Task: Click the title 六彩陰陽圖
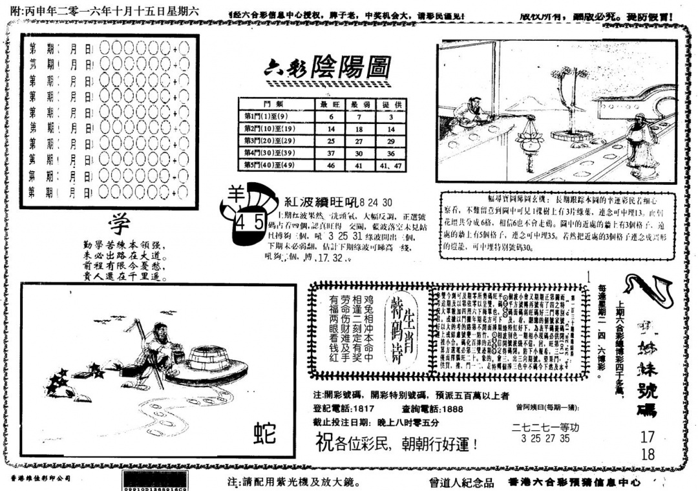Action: click(x=328, y=66)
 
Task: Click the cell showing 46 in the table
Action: click(x=331, y=165)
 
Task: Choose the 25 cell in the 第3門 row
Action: click(x=331, y=141)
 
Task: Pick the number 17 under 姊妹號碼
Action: click(x=648, y=437)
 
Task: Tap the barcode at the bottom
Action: click(x=156, y=481)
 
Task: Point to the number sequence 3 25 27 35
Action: click(x=545, y=438)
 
